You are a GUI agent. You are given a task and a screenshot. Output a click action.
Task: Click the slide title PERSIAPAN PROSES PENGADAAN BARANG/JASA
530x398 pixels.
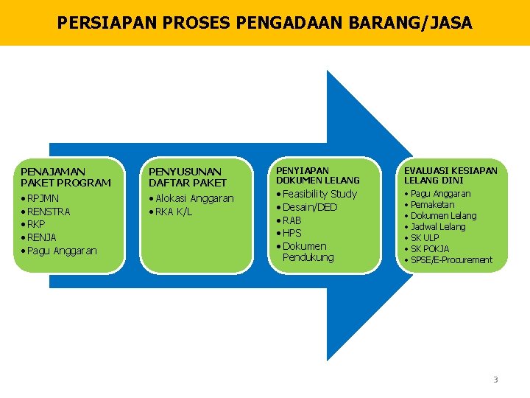pos(264,24)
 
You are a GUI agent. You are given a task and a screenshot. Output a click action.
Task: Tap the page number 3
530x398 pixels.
pos(495,380)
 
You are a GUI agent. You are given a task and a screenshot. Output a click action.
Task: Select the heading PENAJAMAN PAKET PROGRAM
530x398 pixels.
pos(66,177)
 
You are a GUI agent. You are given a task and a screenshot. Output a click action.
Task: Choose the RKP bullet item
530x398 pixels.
pos(36,224)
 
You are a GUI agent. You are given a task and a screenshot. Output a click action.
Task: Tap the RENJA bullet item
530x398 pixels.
pos(42,237)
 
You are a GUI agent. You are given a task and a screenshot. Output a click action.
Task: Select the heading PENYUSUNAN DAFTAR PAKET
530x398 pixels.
pos(188,177)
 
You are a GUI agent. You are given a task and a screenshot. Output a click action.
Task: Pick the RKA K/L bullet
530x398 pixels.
pos(173,212)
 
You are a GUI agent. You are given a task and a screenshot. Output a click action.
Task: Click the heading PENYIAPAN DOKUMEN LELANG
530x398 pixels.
pos(318,175)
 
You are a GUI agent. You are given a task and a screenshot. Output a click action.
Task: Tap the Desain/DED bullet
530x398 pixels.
pos(310,207)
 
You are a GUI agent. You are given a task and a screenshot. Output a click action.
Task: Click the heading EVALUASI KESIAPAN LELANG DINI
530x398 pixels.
pos(451,175)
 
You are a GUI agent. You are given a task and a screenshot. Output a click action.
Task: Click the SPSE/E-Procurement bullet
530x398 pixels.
pos(451,260)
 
